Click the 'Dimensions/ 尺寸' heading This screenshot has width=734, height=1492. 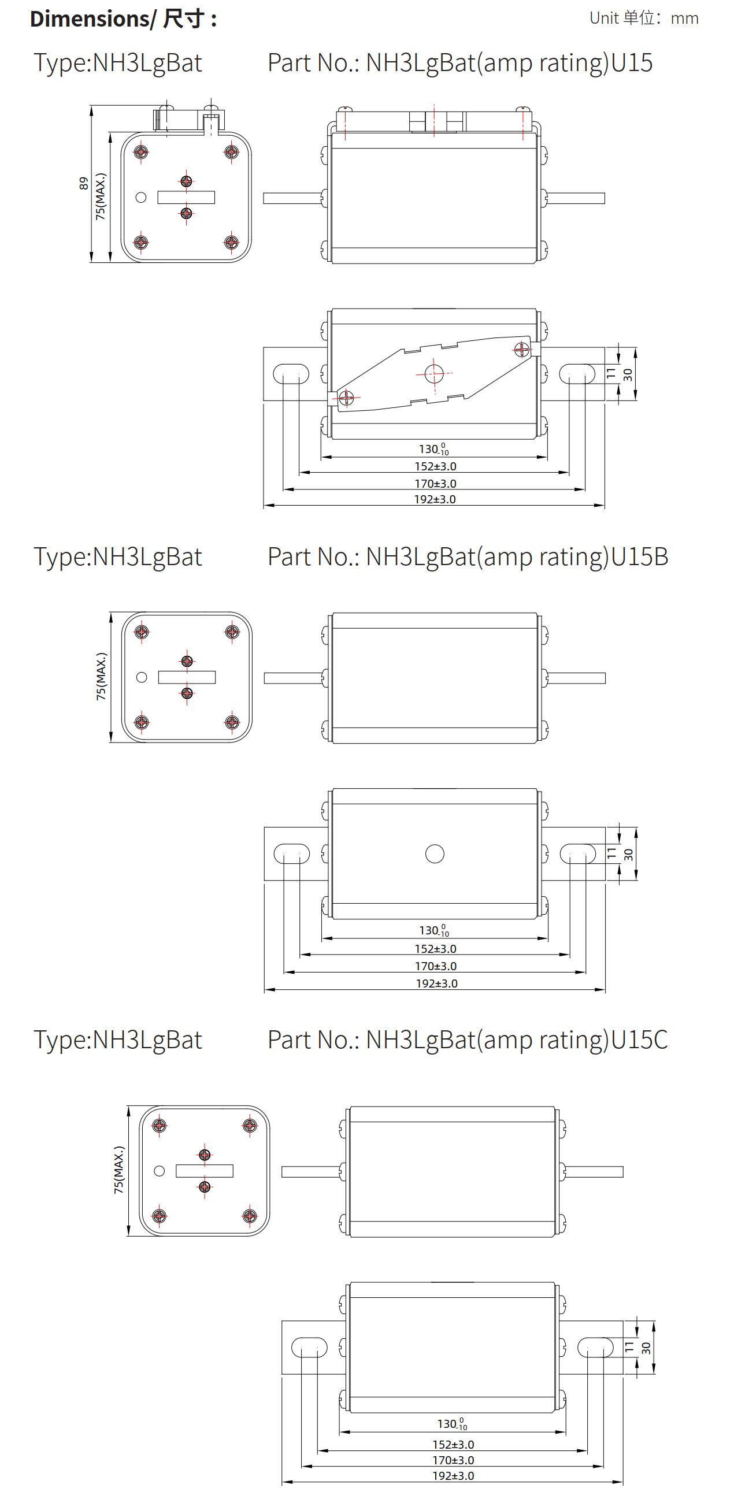(x=123, y=19)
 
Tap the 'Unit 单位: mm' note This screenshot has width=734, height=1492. (x=644, y=18)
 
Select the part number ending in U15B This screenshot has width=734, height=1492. (x=468, y=557)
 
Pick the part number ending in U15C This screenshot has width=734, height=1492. (x=467, y=1040)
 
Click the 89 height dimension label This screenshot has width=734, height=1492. (x=84, y=184)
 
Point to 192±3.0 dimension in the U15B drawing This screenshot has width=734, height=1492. (x=436, y=983)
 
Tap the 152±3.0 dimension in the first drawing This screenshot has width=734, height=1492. (x=435, y=466)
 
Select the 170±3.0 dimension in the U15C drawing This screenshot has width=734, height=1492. (x=453, y=1460)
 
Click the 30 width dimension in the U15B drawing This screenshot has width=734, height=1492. (x=629, y=854)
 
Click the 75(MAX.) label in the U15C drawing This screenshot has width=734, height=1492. (x=118, y=1170)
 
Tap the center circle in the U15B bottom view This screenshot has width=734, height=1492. (x=435, y=853)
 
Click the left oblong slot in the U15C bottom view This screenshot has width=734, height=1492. (x=309, y=1347)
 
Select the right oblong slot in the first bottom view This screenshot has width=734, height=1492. (x=577, y=374)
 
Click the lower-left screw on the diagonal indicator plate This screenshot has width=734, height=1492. (x=346, y=398)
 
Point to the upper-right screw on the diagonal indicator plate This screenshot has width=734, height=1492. (x=522, y=348)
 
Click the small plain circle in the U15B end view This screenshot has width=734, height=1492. (x=142, y=677)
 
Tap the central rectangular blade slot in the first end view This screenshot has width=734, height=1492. (x=186, y=198)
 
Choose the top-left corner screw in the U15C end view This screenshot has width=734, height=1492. (x=160, y=1126)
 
